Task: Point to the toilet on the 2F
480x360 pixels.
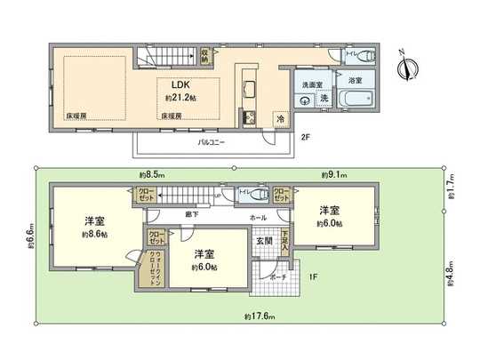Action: pyautogui.click(x=367, y=55)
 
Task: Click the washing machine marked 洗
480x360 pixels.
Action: pyautogui.click(x=324, y=98)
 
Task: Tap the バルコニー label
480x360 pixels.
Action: pyautogui.click(x=211, y=141)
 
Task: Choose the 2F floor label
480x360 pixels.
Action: pyautogui.click(x=305, y=138)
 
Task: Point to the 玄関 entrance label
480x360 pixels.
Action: pyautogui.click(x=264, y=241)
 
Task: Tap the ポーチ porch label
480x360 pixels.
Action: pyautogui.click(x=276, y=276)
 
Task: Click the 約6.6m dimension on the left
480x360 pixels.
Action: pyautogui.click(x=29, y=237)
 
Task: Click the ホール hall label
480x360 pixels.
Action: pyautogui.click(x=258, y=217)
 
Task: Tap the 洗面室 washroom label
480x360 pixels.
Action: pyautogui.click(x=311, y=84)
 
